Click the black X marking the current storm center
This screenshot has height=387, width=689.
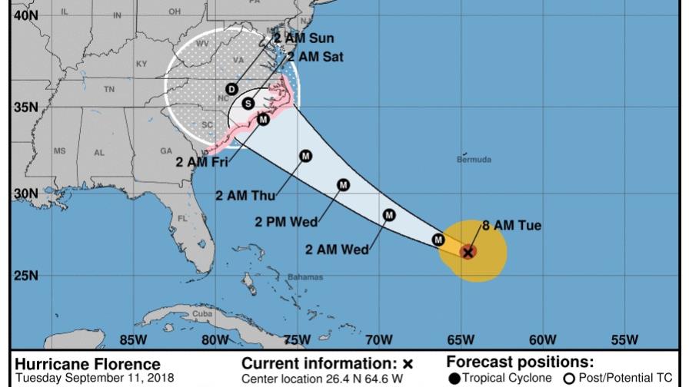[x=468, y=252]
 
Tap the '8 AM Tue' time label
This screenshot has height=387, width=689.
[x=511, y=226]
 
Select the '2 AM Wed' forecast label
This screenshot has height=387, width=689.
[x=337, y=249]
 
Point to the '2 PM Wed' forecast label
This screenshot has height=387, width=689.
[x=286, y=222]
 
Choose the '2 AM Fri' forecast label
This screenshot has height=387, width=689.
[x=201, y=162]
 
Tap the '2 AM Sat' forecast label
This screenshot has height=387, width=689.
[x=315, y=57]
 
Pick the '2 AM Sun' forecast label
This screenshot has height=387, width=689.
[x=306, y=38]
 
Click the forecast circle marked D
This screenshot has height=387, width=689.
[x=231, y=89]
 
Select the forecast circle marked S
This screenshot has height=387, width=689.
[x=248, y=103]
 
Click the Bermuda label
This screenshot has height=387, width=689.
[x=474, y=160]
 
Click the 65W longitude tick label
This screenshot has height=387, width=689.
[x=460, y=339]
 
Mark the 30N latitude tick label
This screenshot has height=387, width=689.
[x=25, y=193]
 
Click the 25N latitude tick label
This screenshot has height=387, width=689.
[x=25, y=275]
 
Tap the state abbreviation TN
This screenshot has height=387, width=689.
[x=108, y=89]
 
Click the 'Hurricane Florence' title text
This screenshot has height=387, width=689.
[x=88, y=364]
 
